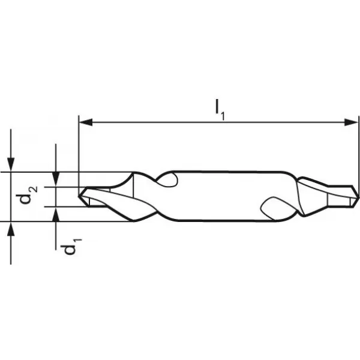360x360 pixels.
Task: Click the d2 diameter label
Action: (28, 195)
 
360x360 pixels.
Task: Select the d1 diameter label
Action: (71, 247)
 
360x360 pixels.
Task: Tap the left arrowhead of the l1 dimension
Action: (86, 122)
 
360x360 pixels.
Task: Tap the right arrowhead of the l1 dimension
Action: (351, 122)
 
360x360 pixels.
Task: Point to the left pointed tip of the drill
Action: (79, 196)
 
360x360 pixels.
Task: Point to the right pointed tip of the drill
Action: (358, 197)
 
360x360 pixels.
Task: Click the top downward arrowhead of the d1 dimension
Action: (11, 164)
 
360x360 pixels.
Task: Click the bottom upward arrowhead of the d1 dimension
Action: (11, 229)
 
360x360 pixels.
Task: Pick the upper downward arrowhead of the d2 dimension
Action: (56, 179)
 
